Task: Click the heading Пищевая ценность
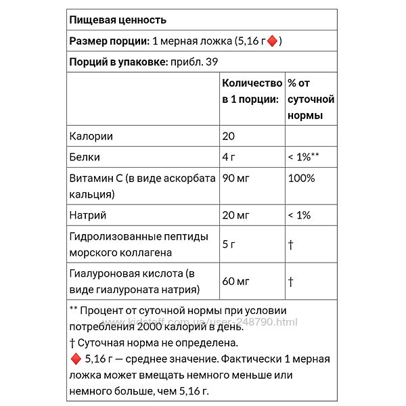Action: click(118, 20)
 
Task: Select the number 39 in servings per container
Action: click(219, 62)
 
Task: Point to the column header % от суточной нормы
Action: click(311, 99)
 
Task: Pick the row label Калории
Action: click(91, 136)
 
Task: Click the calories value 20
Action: click(229, 136)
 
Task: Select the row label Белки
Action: click(85, 157)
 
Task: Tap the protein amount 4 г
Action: click(231, 157)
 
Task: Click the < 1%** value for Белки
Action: click(303, 157)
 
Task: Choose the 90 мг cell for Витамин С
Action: click(236, 179)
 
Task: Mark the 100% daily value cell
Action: click(301, 179)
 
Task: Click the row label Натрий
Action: click(88, 215)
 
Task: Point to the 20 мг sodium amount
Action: click(236, 215)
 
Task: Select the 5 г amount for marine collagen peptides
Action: click(231, 245)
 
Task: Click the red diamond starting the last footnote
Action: click(74, 357)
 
